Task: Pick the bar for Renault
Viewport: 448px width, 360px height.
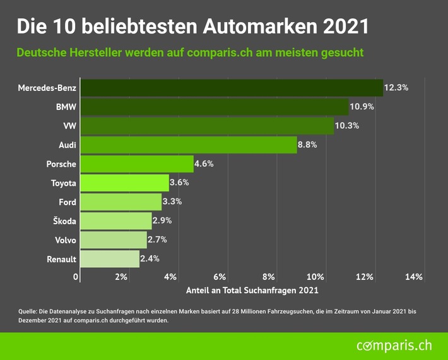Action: point(110,259)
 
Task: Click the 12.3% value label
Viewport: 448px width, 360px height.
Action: point(396,88)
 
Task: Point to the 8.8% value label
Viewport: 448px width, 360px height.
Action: point(307,145)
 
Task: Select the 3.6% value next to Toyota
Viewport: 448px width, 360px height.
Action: point(179,183)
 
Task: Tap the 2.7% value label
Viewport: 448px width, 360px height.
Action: point(157,240)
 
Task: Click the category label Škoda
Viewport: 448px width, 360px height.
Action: point(63,221)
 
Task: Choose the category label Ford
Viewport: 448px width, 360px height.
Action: point(67,202)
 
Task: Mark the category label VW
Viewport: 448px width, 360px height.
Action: point(69,126)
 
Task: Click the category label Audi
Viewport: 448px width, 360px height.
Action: point(68,145)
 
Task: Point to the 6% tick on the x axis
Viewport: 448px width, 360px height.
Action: point(219,277)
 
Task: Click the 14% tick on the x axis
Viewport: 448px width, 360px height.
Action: point(414,277)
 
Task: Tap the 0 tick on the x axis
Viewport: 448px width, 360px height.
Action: point(76,277)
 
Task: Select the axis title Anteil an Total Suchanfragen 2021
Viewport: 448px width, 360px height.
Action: point(252,291)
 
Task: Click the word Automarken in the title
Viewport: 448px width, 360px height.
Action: point(249,26)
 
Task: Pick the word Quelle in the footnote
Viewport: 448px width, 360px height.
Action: point(29,311)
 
